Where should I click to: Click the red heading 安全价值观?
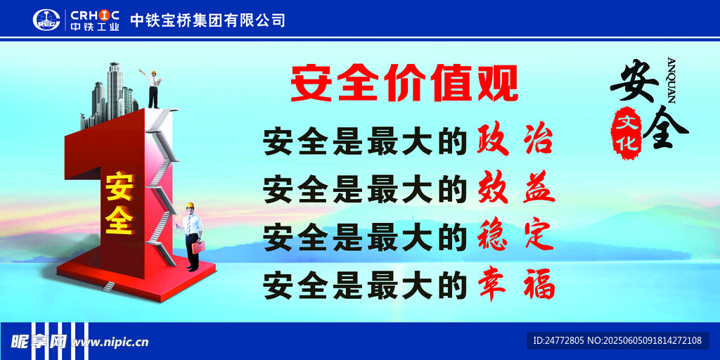pyautogui.click(x=404, y=84)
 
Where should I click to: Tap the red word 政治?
pyautogui.click(x=515, y=139)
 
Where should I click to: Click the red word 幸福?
pyautogui.click(x=516, y=285)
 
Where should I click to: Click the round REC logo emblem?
pyautogui.click(x=46, y=20)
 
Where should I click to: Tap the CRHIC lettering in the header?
pyautogui.click(x=95, y=14)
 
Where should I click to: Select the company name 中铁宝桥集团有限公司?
pyautogui.click(x=207, y=20)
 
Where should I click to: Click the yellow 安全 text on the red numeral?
pyautogui.click(x=120, y=203)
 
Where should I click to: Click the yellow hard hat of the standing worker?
pyautogui.click(x=190, y=206)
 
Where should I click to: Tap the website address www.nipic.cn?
pyautogui.click(x=110, y=342)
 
